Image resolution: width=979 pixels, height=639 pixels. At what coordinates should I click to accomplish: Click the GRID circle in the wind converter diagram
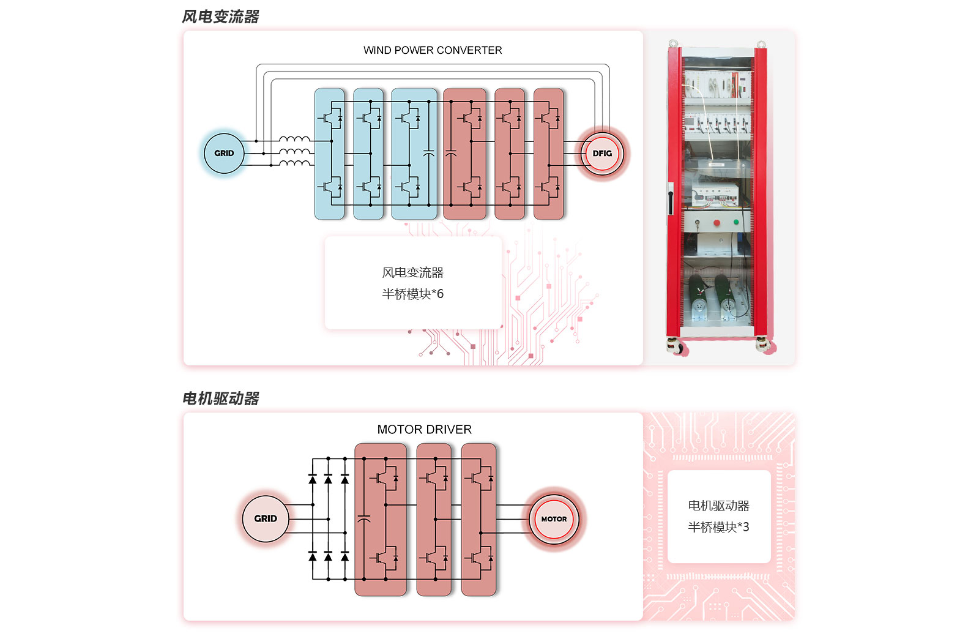click(x=224, y=154)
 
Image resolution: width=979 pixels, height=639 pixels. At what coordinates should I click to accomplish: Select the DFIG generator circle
click(x=602, y=154)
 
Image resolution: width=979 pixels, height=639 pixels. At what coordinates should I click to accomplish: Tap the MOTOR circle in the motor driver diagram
click(x=554, y=519)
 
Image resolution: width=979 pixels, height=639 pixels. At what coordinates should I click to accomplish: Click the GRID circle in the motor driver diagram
click(x=266, y=518)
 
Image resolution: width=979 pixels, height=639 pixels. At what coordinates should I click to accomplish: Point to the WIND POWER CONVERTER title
click(x=433, y=50)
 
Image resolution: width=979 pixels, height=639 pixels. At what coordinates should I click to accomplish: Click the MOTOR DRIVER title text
click(x=424, y=430)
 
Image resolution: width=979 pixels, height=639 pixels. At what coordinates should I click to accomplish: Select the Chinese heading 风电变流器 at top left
click(x=221, y=17)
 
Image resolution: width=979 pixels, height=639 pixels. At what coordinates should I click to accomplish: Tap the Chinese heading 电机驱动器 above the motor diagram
click(x=221, y=399)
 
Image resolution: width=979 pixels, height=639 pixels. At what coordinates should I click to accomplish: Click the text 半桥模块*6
click(x=413, y=294)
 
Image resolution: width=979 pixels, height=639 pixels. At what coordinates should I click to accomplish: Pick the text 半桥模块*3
click(x=718, y=528)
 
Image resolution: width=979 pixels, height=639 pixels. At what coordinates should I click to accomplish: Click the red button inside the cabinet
click(x=717, y=223)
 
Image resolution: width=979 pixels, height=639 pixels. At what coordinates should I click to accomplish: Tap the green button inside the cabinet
click(x=736, y=222)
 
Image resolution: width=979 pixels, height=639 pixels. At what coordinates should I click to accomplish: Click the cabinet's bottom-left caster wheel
click(x=677, y=348)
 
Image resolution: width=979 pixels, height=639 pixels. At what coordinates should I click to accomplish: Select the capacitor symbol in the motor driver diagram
click(x=363, y=520)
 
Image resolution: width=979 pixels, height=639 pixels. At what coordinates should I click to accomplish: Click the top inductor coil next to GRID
click(x=294, y=140)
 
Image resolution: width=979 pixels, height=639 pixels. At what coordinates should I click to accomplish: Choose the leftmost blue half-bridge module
click(x=329, y=154)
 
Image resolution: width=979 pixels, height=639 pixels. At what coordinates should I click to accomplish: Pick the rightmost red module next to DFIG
click(x=548, y=154)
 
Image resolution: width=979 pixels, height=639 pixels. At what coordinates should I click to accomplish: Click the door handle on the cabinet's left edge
click(x=671, y=198)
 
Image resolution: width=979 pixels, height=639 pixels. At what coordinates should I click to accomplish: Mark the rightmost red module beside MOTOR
click(x=478, y=519)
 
